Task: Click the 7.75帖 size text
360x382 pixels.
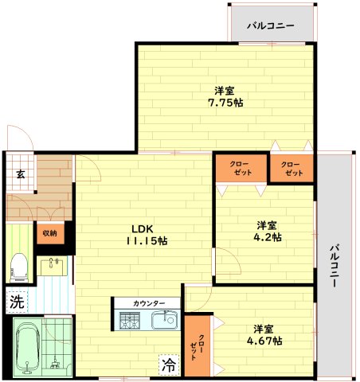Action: coord(226,103)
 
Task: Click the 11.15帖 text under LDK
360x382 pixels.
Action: coord(146,240)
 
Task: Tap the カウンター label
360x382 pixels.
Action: coord(149,303)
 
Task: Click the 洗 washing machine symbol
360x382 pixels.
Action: coord(17,302)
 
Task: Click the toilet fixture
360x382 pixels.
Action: coord(20,265)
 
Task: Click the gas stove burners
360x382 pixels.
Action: coord(130,320)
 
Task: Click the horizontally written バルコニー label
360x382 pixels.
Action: coord(270,25)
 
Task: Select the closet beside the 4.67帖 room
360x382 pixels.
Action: coord(198,346)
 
